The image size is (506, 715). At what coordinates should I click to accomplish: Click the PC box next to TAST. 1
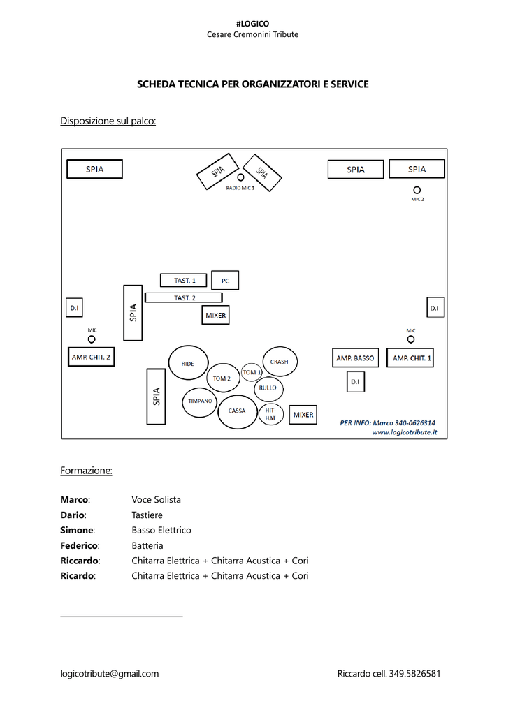pyautogui.click(x=225, y=281)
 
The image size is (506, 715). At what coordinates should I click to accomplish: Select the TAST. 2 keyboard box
pyautogui.click(x=184, y=297)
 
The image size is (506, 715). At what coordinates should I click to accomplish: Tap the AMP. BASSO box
pyautogui.click(x=355, y=358)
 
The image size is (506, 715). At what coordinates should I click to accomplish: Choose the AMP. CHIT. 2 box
pyautogui.click(x=91, y=357)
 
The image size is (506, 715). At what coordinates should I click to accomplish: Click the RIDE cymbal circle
pyautogui.click(x=187, y=363)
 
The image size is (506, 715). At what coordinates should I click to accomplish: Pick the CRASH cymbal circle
pyautogui.click(x=280, y=362)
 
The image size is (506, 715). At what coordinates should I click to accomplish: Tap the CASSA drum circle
pyautogui.click(x=237, y=411)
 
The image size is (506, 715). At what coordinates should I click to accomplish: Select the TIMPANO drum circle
pyautogui.click(x=200, y=401)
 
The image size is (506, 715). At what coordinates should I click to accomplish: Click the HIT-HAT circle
pyautogui.click(x=270, y=414)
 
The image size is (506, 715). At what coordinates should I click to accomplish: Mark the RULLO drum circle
pyautogui.click(x=268, y=388)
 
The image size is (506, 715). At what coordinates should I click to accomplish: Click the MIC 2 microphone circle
pyautogui.click(x=417, y=190)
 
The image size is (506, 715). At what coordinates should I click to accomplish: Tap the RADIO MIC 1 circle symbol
pyautogui.click(x=240, y=177)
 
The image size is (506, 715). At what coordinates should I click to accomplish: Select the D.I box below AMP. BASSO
pyautogui.click(x=355, y=381)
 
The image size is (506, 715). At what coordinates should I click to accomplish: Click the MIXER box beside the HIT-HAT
pyautogui.click(x=303, y=415)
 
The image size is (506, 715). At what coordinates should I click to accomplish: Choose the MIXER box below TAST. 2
pyautogui.click(x=215, y=316)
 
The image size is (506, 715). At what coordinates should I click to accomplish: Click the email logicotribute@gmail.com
pyautogui.click(x=110, y=674)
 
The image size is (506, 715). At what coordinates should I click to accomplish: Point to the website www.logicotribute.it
pyautogui.click(x=405, y=432)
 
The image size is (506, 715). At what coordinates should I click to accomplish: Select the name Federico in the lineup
pyautogui.click(x=80, y=545)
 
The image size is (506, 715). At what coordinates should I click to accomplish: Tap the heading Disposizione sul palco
pyautogui.click(x=108, y=121)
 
